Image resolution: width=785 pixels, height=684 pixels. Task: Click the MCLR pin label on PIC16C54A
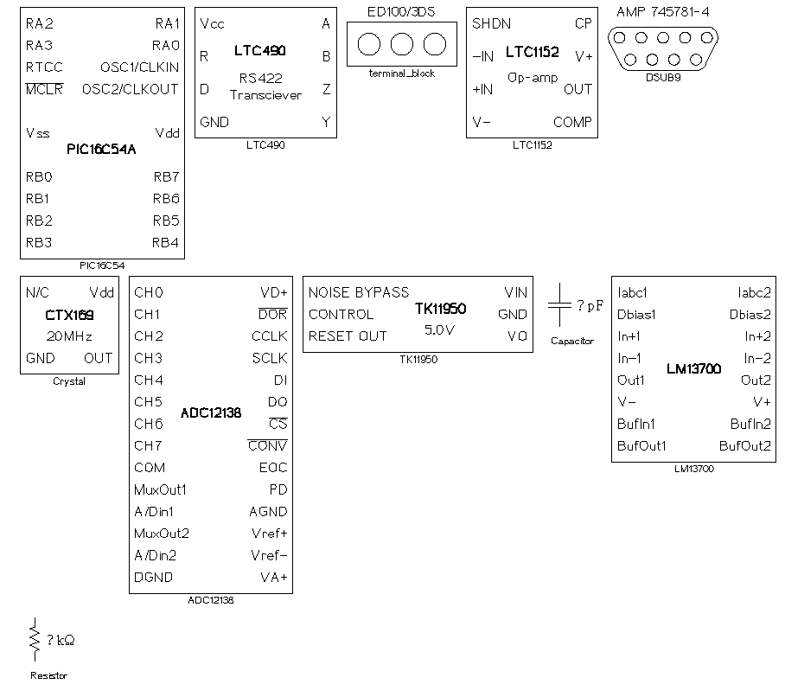pos(44,89)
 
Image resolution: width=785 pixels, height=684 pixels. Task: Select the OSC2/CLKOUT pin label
pos(131,89)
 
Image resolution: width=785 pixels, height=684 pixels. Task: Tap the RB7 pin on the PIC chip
pos(166,177)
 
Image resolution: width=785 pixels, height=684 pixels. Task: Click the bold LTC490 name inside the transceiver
pos(259,52)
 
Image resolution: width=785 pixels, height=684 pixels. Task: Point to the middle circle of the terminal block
pos(401,44)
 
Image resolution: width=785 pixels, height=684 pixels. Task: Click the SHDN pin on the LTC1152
pos(491,24)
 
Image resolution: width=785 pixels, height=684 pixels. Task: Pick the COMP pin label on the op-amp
pos(572,122)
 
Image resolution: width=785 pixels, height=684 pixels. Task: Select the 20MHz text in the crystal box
pos(69,336)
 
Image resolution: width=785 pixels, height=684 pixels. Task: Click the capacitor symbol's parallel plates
pos(559,305)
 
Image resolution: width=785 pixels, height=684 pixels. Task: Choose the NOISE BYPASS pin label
pos(359,292)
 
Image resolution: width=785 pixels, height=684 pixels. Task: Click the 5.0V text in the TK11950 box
pos(440,329)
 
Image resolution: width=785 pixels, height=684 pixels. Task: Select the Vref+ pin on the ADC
pos(269,533)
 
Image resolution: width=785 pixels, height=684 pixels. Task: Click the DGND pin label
pos(153,577)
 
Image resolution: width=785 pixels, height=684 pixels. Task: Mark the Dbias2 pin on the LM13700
pos(750,315)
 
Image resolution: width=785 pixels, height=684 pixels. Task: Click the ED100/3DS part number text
pos(401,12)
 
